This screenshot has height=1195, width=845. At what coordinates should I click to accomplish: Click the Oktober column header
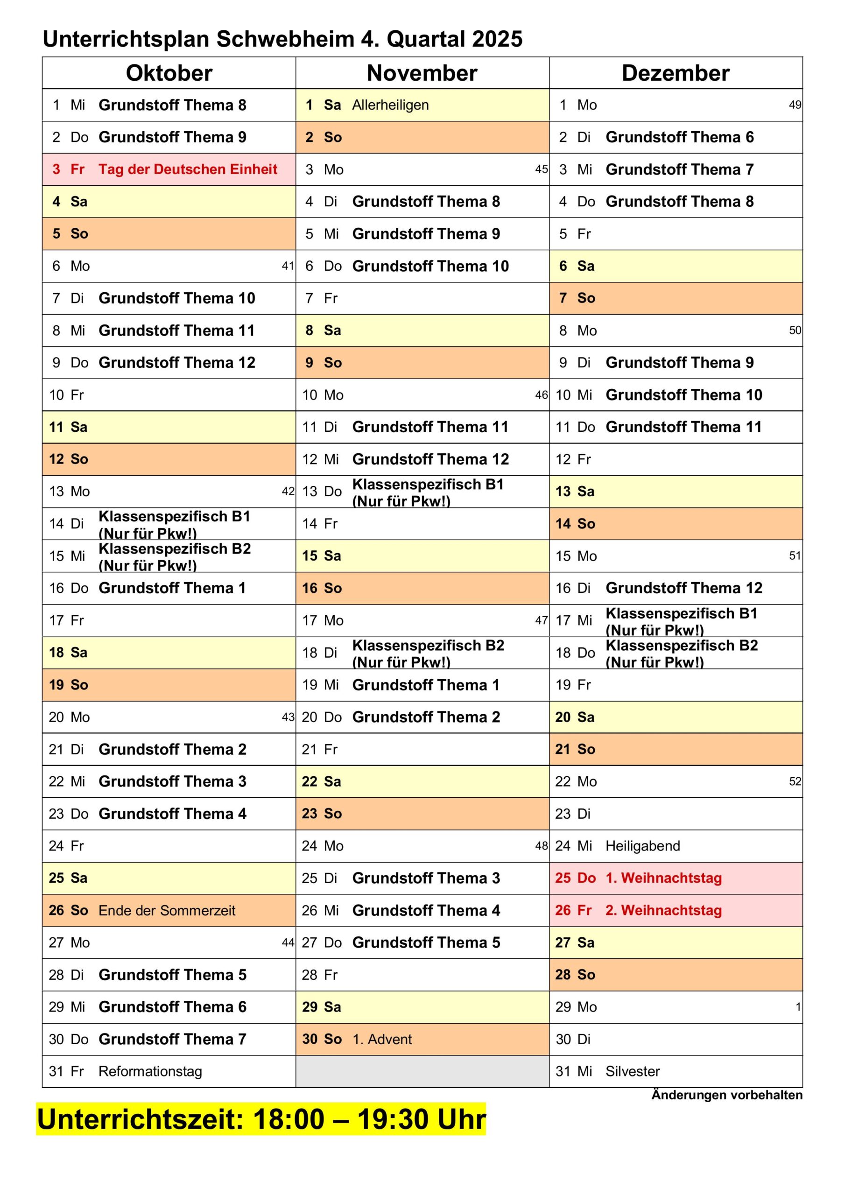tap(169, 73)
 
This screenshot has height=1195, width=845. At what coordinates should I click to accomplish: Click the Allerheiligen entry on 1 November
tap(390, 105)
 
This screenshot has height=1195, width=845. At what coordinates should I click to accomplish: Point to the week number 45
tap(541, 169)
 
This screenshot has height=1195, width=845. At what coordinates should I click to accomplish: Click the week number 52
tap(795, 781)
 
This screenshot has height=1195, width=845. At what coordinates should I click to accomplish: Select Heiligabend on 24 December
tap(642, 846)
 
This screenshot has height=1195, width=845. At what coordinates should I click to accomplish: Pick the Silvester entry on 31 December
tap(632, 1071)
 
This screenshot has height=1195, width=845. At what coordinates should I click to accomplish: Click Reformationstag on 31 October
tap(150, 1071)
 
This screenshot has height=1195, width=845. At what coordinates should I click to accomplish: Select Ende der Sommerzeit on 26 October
tap(167, 910)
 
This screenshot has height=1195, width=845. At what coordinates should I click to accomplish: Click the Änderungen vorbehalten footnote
tap(726, 1095)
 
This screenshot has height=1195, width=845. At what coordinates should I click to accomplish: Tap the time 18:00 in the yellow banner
tap(289, 1119)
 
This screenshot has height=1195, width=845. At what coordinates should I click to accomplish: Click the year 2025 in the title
tap(497, 39)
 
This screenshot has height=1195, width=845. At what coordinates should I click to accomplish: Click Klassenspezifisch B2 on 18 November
tap(428, 646)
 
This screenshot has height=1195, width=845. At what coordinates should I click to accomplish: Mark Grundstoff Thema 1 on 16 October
tap(172, 588)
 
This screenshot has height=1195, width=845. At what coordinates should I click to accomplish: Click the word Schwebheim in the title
tap(285, 39)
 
